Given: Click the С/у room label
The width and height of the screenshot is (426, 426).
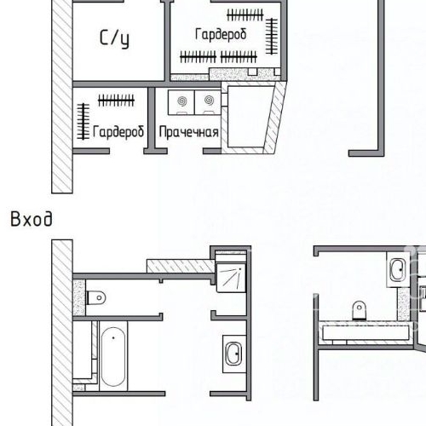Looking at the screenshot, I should pyautogui.click(x=114, y=38).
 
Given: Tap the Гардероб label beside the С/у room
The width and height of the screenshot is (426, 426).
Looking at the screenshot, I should pyautogui.click(x=221, y=35).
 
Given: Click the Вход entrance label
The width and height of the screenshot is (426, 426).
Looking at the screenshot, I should pyautogui.click(x=31, y=219).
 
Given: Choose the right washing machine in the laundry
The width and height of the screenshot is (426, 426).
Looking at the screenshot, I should pyautogui.click(x=206, y=102).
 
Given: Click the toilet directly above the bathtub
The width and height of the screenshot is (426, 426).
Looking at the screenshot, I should pyautogui.click(x=97, y=298).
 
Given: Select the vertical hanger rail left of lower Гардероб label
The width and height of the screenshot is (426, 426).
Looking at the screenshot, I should pyautogui.click(x=83, y=122).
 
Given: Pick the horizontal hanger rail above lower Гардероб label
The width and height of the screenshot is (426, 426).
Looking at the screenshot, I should pyautogui.click(x=116, y=101).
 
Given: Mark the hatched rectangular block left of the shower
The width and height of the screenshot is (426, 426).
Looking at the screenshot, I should pyautogui.click(x=179, y=267).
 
